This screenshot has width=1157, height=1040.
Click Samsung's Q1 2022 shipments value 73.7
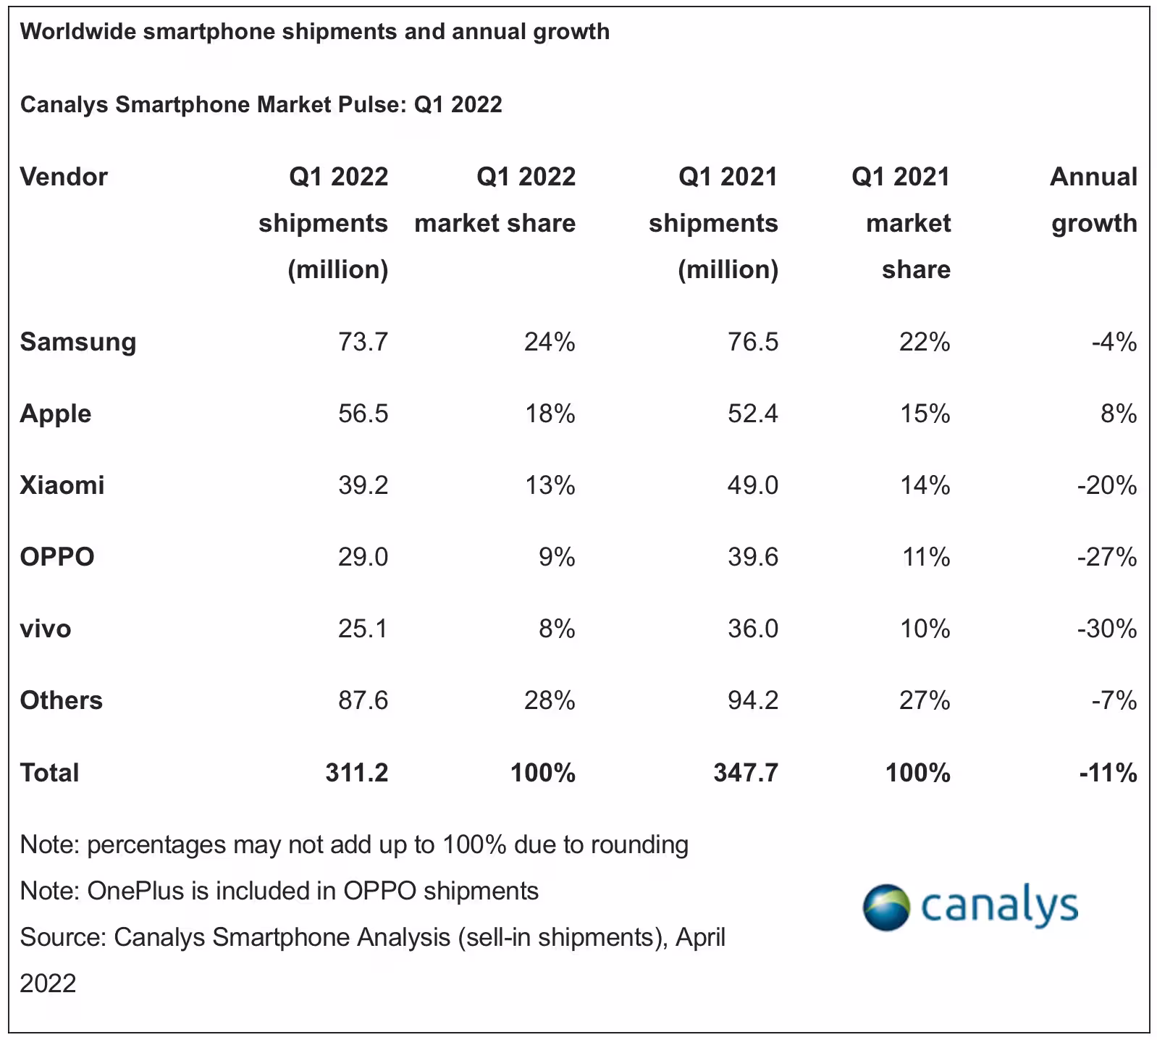point(363,342)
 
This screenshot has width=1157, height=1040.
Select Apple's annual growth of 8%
point(1119,414)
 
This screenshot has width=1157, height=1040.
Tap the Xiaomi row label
point(62,485)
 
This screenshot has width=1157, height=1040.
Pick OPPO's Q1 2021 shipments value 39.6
point(753,557)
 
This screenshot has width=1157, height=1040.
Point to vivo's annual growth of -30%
point(1107,629)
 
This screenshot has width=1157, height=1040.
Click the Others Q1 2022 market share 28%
point(550,700)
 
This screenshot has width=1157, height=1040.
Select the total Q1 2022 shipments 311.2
point(356,773)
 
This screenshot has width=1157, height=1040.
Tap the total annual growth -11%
point(1108,773)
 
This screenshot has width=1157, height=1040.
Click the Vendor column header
point(64,177)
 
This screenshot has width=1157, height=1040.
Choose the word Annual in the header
point(1093,177)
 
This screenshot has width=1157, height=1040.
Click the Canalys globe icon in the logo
point(885,906)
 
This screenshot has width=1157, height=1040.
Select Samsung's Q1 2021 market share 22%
point(925,342)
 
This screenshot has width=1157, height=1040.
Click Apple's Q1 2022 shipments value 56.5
point(363,414)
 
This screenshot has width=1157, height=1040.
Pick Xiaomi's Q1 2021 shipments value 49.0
point(753,485)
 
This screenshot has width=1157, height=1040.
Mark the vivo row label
point(46,629)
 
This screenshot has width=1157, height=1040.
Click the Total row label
point(49,773)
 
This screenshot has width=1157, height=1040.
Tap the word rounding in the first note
point(639,845)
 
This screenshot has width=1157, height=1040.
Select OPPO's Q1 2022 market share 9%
point(557,557)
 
